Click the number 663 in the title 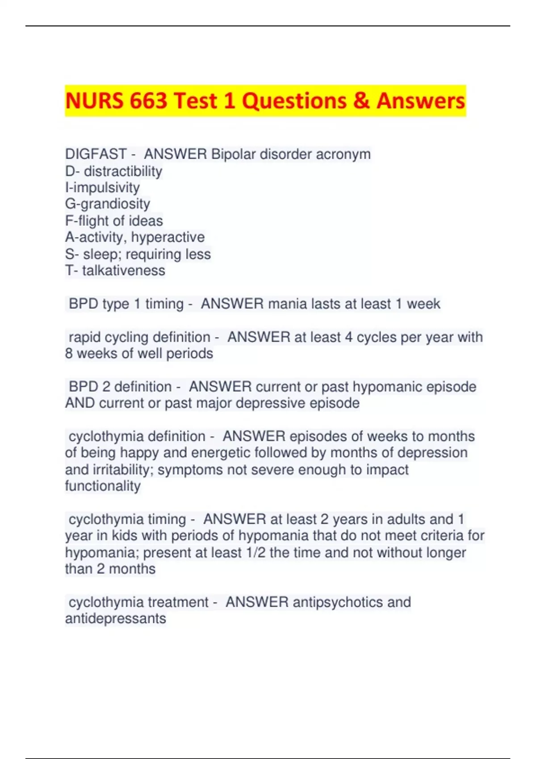149,101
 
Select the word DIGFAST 96,154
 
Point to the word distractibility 123,171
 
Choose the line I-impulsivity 102,188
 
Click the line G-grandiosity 108,204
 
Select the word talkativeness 124,271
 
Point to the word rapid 84,337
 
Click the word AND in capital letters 80,403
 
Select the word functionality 103,486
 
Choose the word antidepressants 116,619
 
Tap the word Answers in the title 420,101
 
